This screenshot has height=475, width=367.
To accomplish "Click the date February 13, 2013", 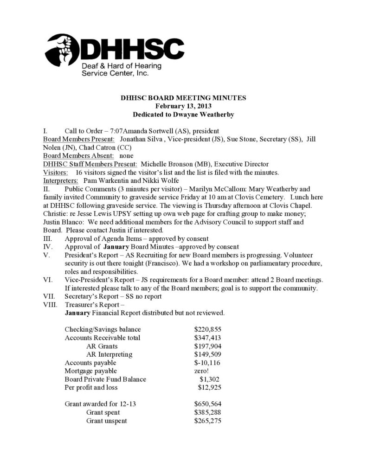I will click(183, 106).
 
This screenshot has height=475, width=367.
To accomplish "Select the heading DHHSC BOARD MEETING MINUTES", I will click(183, 98).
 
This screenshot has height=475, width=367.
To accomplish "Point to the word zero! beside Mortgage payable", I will click(202, 371).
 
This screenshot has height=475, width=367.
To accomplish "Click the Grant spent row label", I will click(103, 412).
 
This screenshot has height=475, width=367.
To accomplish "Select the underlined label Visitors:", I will click(56, 172).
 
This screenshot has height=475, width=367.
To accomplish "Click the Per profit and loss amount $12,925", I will click(209, 387).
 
